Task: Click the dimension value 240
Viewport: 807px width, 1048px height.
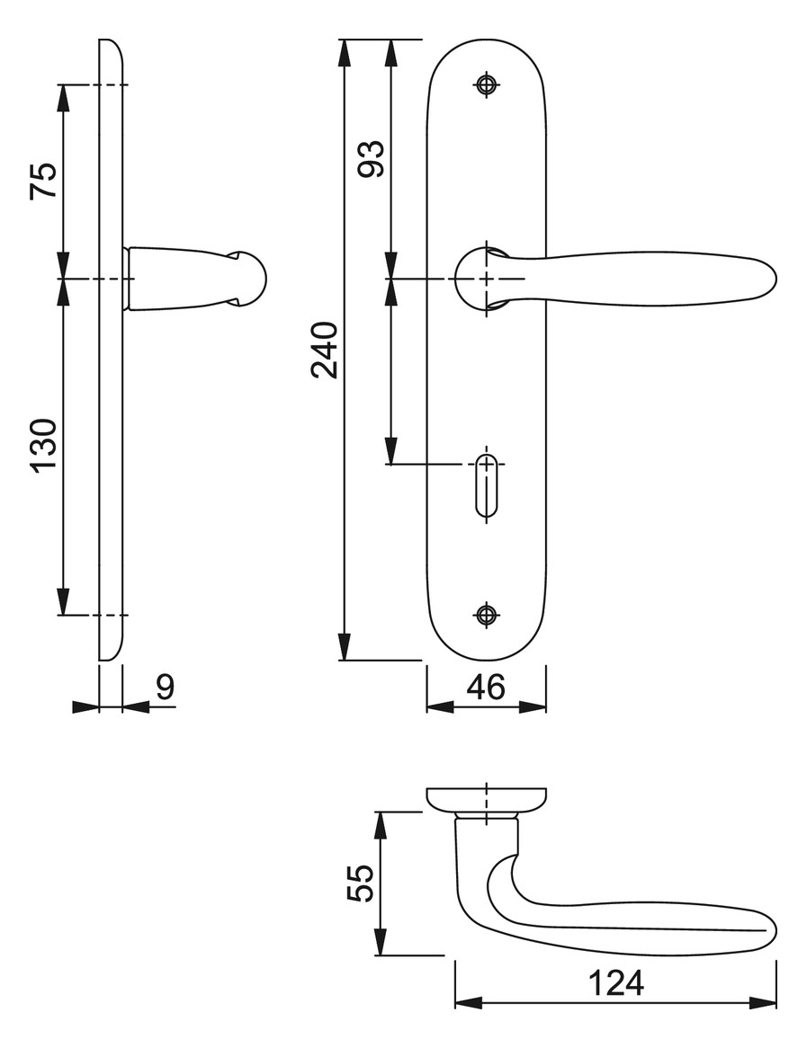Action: (325, 351)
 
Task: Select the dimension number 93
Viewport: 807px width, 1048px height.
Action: (372, 158)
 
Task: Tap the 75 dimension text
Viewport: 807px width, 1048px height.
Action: (43, 181)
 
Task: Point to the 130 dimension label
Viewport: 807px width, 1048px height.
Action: (43, 446)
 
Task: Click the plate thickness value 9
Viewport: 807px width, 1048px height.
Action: (166, 687)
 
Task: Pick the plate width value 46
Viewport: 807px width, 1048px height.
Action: (487, 687)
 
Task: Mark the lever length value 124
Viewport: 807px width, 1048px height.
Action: (615, 983)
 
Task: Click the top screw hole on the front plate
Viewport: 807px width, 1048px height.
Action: (487, 84)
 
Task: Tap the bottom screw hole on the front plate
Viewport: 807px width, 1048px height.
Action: (487, 614)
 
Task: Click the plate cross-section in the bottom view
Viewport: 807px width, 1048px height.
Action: (487, 799)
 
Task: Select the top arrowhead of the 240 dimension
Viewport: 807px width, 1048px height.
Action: (344, 53)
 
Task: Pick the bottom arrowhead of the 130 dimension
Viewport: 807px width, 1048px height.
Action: (63, 601)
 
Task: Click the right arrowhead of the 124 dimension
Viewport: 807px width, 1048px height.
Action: (763, 1002)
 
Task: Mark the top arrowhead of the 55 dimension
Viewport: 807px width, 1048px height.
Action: (381, 825)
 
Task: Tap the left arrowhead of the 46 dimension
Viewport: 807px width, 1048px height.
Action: (440, 706)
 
